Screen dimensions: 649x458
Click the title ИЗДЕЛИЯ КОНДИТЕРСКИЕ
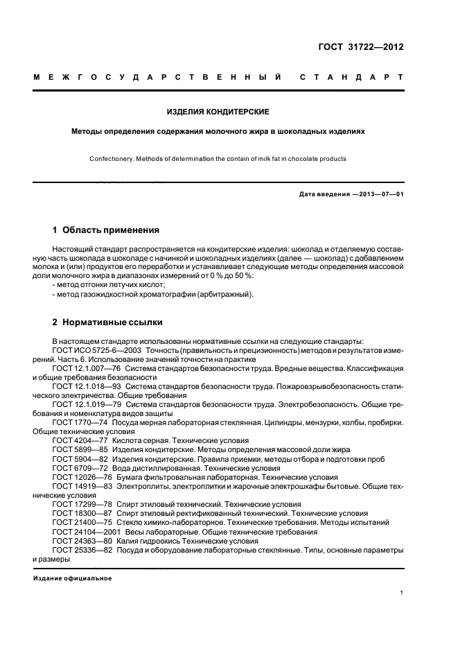pyautogui.click(x=218, y=111)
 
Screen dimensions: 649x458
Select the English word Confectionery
pyautogui.click(x=111, y=159)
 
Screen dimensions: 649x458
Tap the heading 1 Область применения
pyautogui.click(x=106, y=230)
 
